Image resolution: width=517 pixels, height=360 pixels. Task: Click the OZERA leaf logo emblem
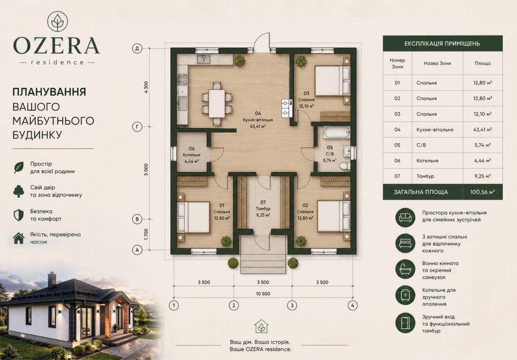coord(57,21)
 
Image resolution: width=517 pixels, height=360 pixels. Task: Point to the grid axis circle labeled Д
coord(137,49)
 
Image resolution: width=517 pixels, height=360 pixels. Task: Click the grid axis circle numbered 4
coord(353,306)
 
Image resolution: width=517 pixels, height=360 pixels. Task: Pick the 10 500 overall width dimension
coord(263,294)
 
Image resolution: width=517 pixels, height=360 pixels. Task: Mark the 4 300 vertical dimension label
coord(146,87)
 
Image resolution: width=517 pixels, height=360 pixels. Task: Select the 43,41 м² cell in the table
coord(482,130)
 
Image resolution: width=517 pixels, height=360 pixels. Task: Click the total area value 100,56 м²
coord(482,192)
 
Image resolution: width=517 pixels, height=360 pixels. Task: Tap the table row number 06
coord(397,161)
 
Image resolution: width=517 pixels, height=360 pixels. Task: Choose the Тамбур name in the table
coord(425,176)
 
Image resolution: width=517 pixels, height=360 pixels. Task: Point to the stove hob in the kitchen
coord(182,79)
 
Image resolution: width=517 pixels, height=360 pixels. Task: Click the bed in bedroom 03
coord(332,81)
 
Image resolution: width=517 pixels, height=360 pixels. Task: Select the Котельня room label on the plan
coord(192,155)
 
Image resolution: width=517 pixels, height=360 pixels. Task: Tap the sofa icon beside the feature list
coord(405,216)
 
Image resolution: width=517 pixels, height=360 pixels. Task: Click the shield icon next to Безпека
coord(19,215)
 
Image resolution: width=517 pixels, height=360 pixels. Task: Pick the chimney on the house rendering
coord(52,280)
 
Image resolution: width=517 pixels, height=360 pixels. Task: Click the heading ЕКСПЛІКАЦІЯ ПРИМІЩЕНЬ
coord(442,43)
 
